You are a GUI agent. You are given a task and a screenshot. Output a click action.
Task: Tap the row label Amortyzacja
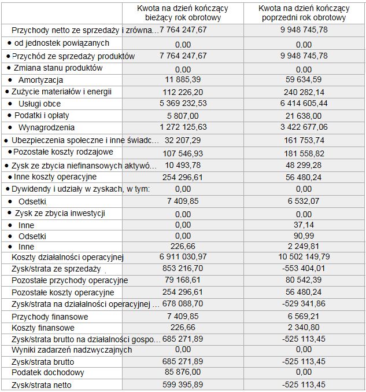click(40, 79)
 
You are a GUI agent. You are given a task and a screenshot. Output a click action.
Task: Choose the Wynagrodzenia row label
click(46, 127)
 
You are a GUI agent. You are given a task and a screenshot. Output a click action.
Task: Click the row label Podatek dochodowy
click(47, 373)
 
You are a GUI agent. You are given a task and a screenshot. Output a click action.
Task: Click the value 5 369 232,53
click(182, 103)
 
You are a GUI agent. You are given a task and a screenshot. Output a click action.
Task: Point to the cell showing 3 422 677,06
click(303, 127)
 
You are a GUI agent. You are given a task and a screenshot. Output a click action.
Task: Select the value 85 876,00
click(182, 373)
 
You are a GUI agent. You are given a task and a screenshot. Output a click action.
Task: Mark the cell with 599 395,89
click(182, 384)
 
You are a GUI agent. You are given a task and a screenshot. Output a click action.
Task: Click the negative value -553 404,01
click(303, 269)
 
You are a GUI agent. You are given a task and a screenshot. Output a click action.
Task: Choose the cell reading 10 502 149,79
click(303, 257)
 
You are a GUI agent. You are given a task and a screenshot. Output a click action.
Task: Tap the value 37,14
click(303, 225)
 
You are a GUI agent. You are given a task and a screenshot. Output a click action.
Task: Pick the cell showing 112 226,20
click(182, 91)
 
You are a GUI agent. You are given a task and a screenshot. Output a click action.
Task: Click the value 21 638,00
click(303, 115)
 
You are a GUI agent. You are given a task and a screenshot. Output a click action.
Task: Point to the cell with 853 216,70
click(182, 269)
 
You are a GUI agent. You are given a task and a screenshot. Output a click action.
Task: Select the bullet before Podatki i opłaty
click(9, 115)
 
